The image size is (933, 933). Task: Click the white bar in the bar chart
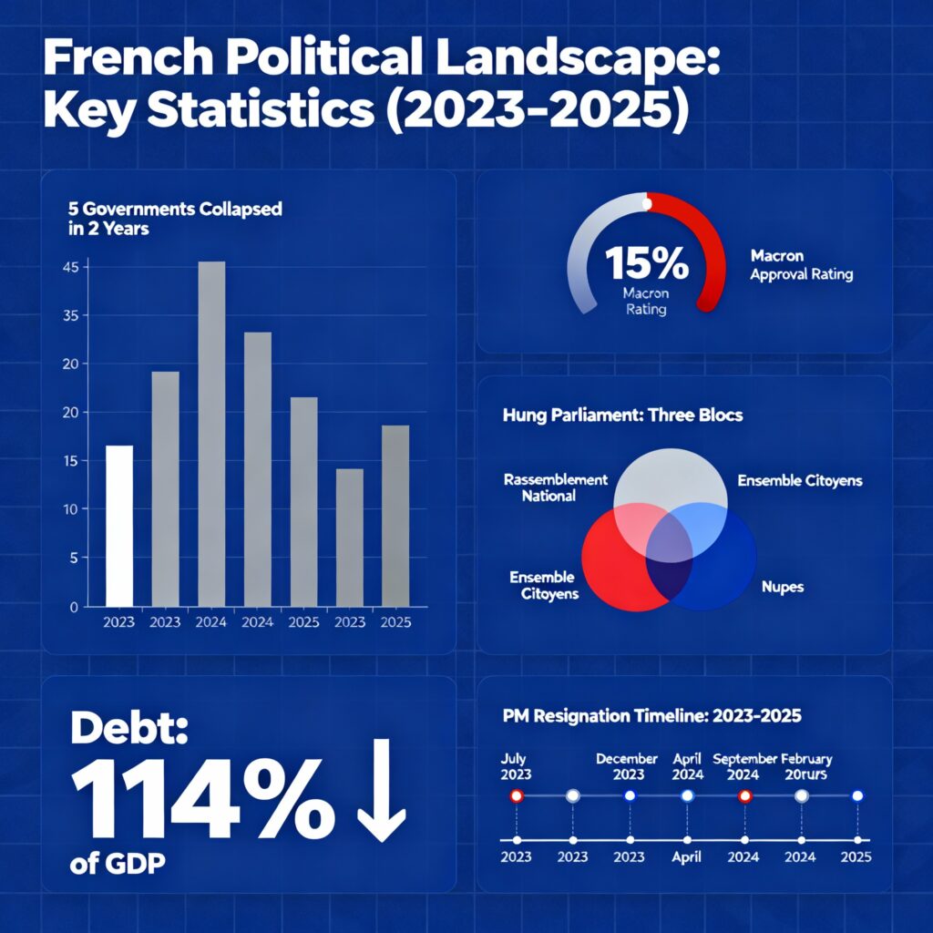[119, 526]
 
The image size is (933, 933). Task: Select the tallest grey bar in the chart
[211, 434]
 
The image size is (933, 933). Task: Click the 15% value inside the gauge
[646, 262]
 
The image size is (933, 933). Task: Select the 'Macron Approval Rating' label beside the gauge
[801, 265]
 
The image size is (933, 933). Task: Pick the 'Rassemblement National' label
[554, 487]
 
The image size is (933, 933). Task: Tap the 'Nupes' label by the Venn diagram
[782, 587]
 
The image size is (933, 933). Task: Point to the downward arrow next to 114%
[381, 791]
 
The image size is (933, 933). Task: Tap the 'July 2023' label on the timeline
[517, 766]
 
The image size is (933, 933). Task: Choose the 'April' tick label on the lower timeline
[686, 857]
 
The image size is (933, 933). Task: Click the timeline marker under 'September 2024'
[744, 795]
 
